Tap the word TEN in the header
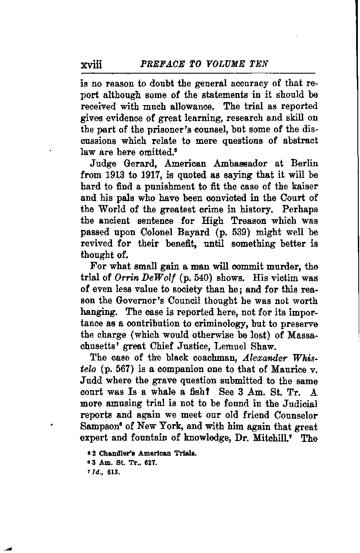(x=259, y=64)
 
